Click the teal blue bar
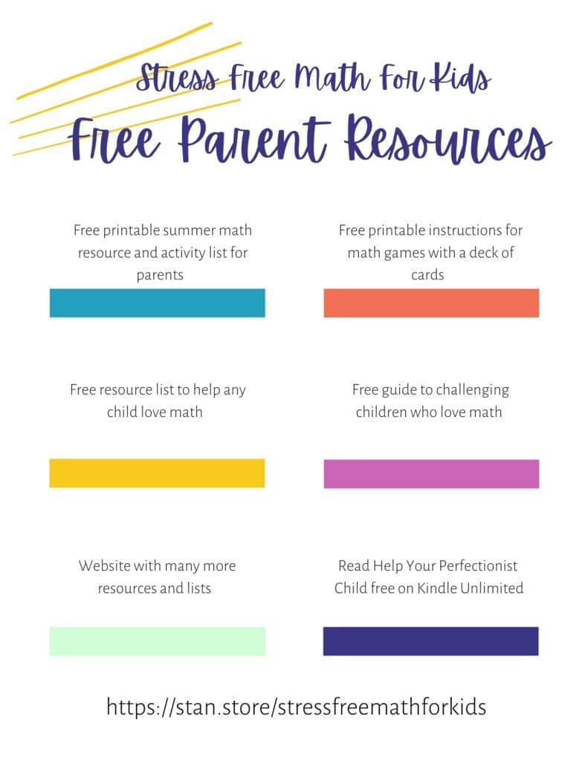point(157,303)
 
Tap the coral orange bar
point(431,303)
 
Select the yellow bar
point(157,473)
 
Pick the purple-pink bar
point(431,474)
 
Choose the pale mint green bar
point(157,641)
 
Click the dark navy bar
point(430,641)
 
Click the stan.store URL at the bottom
point(296,706)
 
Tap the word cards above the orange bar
point(427,275)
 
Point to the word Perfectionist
point(470,566)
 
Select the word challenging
point(472,389)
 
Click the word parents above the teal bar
point(160,275)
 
